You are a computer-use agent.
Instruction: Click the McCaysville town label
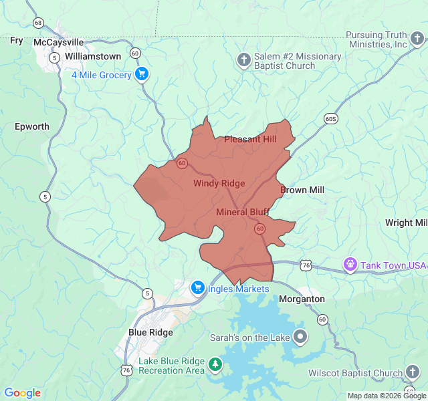tap(59, 42)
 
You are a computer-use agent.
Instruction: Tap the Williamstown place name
tap(93, 57)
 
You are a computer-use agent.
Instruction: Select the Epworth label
tap(32, 126)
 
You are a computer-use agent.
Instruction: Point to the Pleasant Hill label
tap(250, 139)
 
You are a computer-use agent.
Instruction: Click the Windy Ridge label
tap(219, 183)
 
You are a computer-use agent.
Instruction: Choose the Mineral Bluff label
tap(243, 212)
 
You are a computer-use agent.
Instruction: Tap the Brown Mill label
tap(302, 190)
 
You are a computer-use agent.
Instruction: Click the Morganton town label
tap(302, 299)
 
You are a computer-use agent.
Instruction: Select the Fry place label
tap(17, 41)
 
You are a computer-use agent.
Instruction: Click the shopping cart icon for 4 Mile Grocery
tap(141, 74)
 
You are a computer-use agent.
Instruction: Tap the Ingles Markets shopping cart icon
tap(197, 288)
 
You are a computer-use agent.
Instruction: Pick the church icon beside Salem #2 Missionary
tap(244, 61)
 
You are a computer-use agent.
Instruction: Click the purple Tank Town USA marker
tap(350, 265)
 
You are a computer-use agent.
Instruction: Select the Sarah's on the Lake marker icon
tap(300, 338)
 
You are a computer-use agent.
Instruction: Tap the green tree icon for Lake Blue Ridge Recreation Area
tap(215, 365)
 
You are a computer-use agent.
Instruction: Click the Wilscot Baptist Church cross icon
tap(413, 372)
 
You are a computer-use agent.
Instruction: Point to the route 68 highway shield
tap(38, 23)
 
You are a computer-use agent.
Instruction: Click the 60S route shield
tap(330, 118)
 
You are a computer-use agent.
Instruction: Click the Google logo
tap(22, 393)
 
